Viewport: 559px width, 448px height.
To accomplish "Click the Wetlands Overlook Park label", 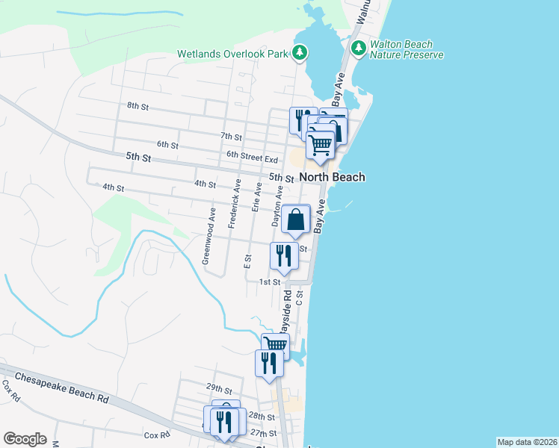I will click(x=233, y=53).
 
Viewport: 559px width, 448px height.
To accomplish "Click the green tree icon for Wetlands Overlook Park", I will click(x=300, y=52).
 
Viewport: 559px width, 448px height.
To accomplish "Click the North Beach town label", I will click(x=333, y=177).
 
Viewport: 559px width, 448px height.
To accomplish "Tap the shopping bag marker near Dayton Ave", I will click(x=296, y=220).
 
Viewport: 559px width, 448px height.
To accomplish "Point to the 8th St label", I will click(x=138, y=106).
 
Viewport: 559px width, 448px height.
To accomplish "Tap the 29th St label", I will click(x=219, y=389).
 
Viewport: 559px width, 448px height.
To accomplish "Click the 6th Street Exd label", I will click(x=253, y=159).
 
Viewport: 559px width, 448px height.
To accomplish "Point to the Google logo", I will click(x=25, y=439).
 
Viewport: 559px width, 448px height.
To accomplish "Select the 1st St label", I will click(x=269, y=281).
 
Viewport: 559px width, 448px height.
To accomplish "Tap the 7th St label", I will click(x=232, y=137).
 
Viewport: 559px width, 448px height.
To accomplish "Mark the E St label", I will click(x=247, y=260).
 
